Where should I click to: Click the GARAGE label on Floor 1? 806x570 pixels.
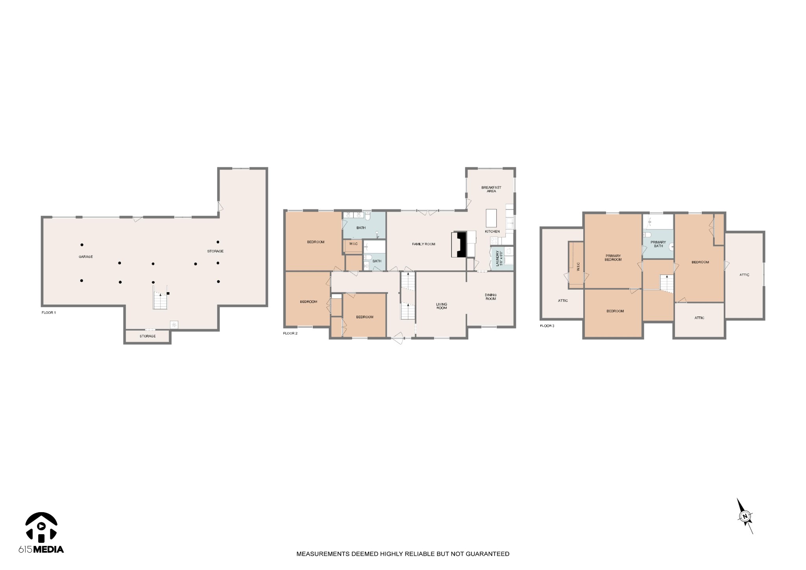coord(85,257)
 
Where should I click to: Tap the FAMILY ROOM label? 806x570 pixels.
coord(423,244)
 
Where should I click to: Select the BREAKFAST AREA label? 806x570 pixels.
coord(491,189)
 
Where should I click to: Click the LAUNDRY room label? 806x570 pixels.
coord(499,258)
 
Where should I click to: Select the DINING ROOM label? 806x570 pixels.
coord(490,297)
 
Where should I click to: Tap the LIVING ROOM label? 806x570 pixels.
coord(442,306)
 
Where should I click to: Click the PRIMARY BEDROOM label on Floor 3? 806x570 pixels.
coord(613,258)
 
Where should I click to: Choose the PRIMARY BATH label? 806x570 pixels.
coord(658,244)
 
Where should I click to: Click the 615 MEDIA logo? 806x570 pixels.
coord(41,533)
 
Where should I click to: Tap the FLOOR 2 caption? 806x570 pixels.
coord(290,333)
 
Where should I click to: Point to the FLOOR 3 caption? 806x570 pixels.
coord(547,326)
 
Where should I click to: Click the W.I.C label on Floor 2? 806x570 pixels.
coord(353,244)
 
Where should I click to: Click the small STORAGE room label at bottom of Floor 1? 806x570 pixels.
coord(148,336)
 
